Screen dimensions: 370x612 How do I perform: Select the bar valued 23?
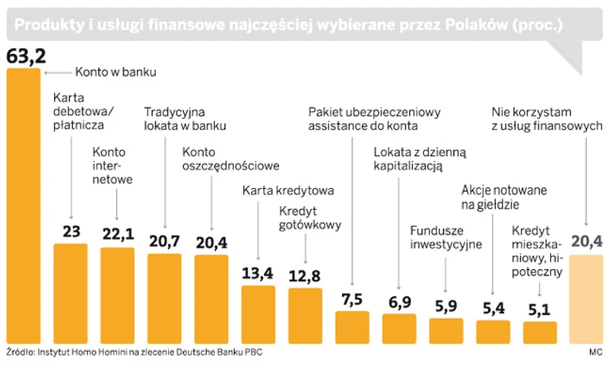click(x=71, y=293)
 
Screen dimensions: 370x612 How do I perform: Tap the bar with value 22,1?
click(x=117, y=295)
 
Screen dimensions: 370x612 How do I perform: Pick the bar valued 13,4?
click(x=258, y=314)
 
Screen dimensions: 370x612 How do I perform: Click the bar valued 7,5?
click(x=352, y=327)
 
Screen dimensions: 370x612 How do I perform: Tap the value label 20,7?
click(x=163, y=241)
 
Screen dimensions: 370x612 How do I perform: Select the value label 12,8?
click(x=306, y=274)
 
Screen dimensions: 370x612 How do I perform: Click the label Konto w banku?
click(x=115, y=73)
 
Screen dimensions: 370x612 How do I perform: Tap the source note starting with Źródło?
click(x=137, y=355)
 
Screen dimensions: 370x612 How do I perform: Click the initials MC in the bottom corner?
click(x=595, y=355)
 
